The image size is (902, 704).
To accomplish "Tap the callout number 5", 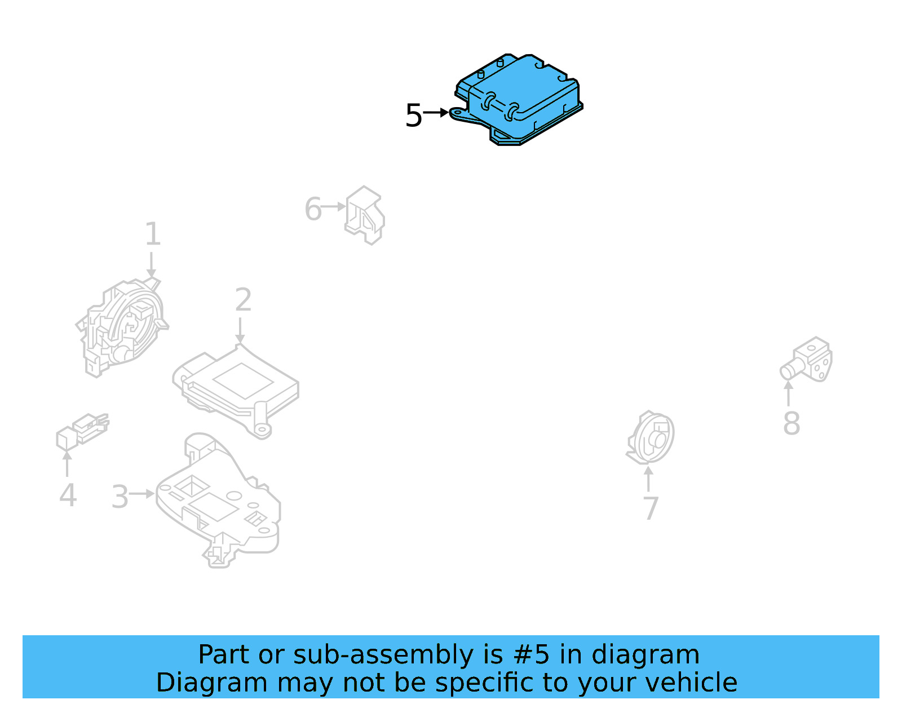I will click(413, 116).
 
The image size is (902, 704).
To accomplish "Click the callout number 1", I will click(153, 234).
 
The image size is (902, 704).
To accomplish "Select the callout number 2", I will click(243, 300).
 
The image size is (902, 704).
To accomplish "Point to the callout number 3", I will click(120, 497).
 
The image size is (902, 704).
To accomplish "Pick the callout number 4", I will click(68, 495).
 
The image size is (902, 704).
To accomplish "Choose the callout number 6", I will click(313, 209).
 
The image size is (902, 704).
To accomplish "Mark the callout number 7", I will click(651, 508).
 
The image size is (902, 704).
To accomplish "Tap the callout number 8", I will click(792, 423).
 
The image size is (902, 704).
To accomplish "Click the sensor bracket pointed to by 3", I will click(220, 502).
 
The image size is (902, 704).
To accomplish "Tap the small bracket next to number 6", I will click(365, 215).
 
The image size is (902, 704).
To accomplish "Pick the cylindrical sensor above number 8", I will click(807, 360).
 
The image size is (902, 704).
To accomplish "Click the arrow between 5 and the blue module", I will click(436, 113).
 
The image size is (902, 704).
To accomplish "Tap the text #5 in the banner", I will click(531, 655).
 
